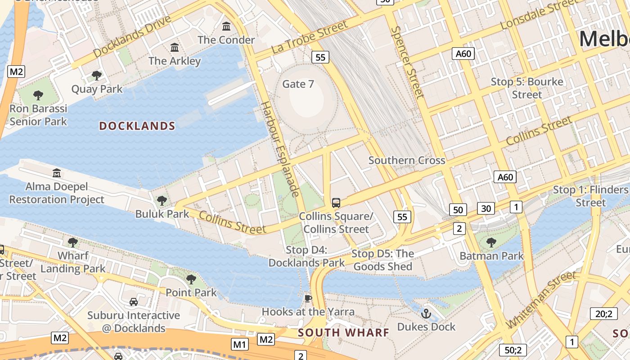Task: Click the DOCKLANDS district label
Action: (x=137, y=126)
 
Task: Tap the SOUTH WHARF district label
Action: (x=343, y=333)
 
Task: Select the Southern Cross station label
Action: (x=407, y=160)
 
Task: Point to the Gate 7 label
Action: (x=298, y=84)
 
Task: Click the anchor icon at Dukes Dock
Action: (x=426, y=313)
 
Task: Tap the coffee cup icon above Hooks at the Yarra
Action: (x=308, y=298)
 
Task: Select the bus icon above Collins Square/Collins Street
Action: (x=336, y=202)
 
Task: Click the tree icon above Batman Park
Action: (x=491, y=243)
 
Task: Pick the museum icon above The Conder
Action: (x=226, y=27)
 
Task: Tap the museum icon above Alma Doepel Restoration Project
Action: (x=57, y=173)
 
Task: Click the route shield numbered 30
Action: (x=486, y=208)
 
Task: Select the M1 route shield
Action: (x=239, y=345)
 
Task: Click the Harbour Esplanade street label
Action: (x=280, y=149)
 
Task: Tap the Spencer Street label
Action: (x=407, y=62)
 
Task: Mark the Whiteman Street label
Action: (x=540, y=299)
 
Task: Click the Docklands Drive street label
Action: (x=132, y=36)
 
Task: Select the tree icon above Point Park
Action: (x=191, y=279)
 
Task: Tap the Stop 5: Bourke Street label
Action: (x=526, y=88)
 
